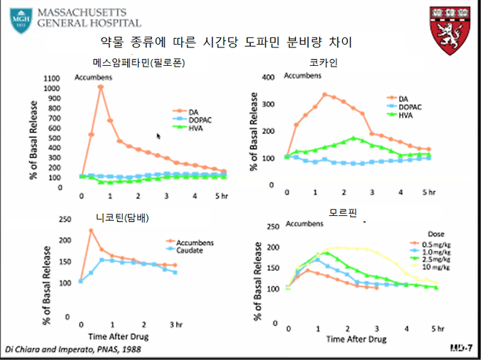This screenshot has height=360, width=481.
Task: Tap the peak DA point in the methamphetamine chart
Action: pos(100,87)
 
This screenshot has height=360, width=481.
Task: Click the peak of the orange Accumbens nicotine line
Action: pos(91,230)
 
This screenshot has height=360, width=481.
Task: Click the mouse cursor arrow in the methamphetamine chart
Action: pos(159,136)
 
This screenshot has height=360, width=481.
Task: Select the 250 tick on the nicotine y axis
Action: pos(64,219)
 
